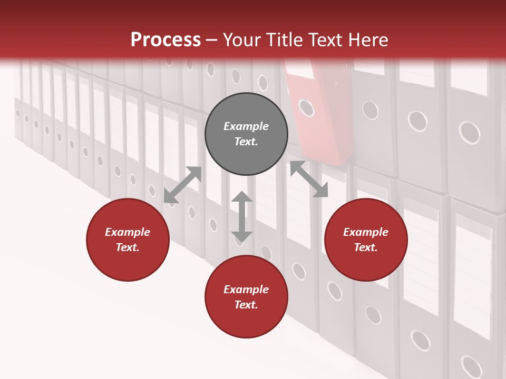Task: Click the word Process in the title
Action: (x=166, y=40)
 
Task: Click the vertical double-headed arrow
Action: (x=242, y=216)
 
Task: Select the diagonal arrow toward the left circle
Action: (x=182, y=185)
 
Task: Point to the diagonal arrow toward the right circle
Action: (x=309, y=179)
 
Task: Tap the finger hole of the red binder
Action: (x=306, y=108)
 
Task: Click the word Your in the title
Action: (x=241, y=40)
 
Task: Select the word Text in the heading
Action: (x=326, y=40)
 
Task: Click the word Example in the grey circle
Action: (x=246, y=126)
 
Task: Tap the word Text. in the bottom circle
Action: (x=246, y=305)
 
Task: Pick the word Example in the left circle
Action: (x=128, y=232)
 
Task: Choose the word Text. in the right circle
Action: (x=366, y=247)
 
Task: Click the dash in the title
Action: (x=211, y=40)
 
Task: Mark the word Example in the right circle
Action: (x=366, y=232)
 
